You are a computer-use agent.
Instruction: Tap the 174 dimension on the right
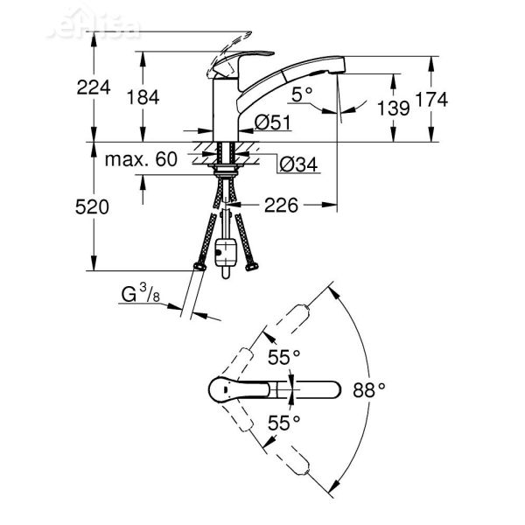[x=431, y=101]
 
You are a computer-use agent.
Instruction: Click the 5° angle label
[x=302, y=93]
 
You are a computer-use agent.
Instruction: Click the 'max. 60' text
[x=141, y=159]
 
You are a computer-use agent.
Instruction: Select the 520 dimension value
[x=91, y=207]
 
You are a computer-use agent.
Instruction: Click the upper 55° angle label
[x=284, y=356]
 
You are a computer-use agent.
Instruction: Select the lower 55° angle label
[x=284, y=422]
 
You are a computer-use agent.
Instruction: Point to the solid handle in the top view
[x=227, y=388]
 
